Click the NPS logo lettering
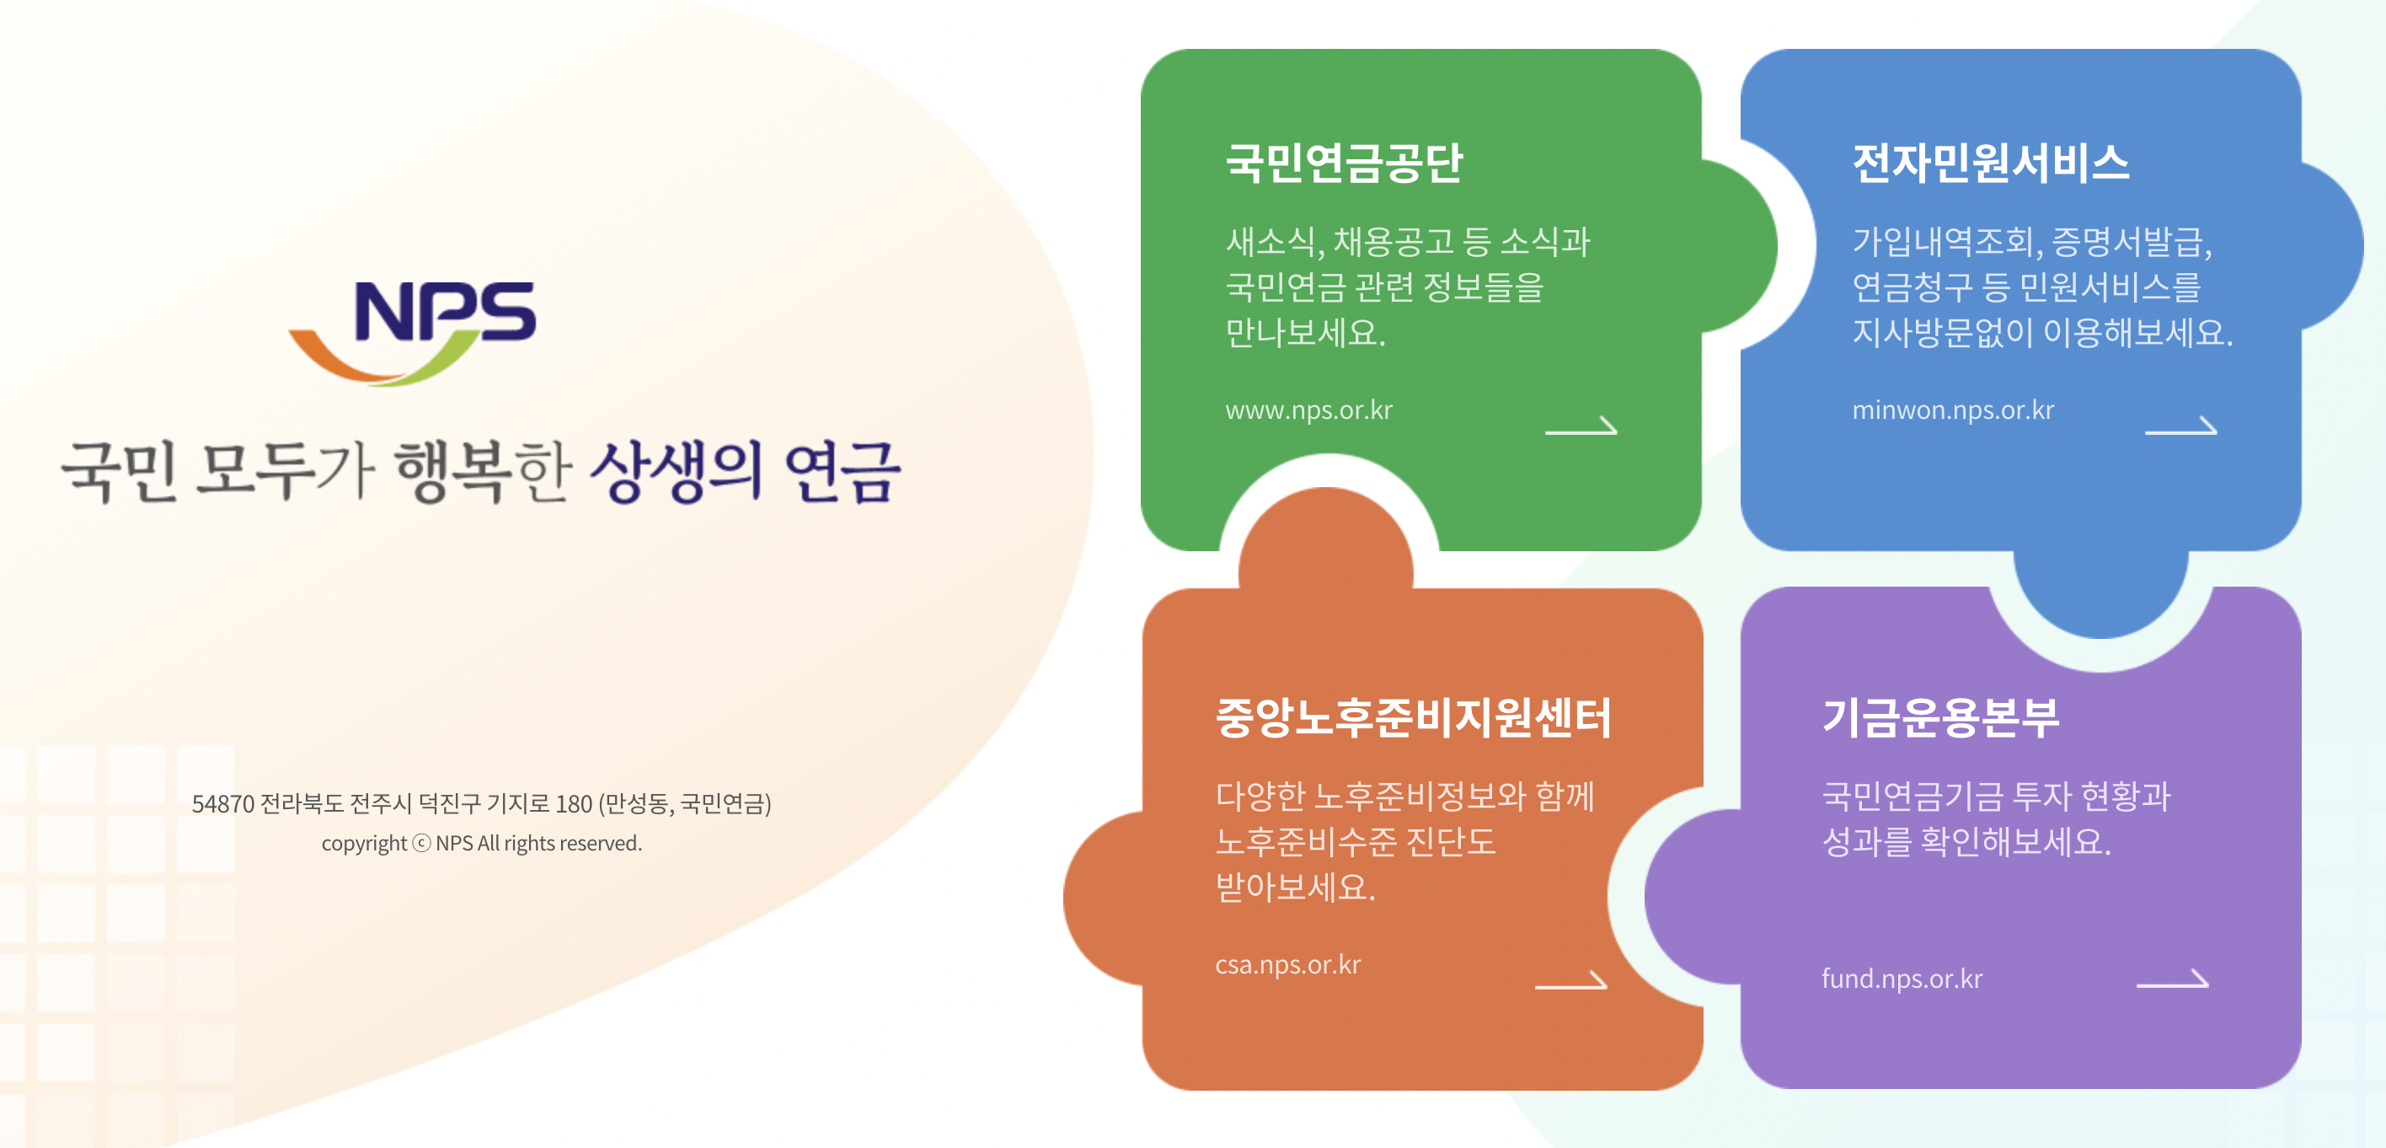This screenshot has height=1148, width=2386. click(445, 311)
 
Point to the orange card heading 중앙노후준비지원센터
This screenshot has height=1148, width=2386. click(1414, 718)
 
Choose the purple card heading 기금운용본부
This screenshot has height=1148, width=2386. click(1940, 718)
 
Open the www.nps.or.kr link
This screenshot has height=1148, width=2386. click(1308, 410)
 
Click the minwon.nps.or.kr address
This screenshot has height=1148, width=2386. click(1952, 410)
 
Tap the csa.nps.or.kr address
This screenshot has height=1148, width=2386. click(1287, 965)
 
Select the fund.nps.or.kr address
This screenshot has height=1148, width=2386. click(1902, 979)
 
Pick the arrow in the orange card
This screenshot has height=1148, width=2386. click(1571, 981)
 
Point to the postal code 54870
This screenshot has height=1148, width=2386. click(222, 804)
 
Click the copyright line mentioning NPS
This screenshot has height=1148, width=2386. click(482, 844)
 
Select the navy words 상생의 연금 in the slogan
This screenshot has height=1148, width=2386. click(746, 472)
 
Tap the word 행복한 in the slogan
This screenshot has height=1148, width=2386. click(483, 472)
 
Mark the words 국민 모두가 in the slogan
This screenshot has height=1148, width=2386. click(217, 472)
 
